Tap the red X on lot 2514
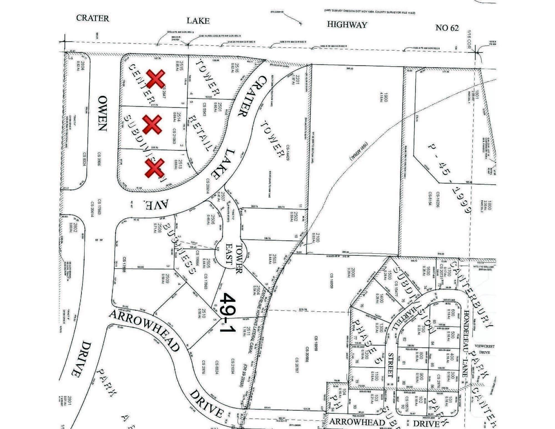(x=152, y=124)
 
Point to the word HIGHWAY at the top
(x=347, y=25)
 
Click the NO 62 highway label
(x=447, y=28)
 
